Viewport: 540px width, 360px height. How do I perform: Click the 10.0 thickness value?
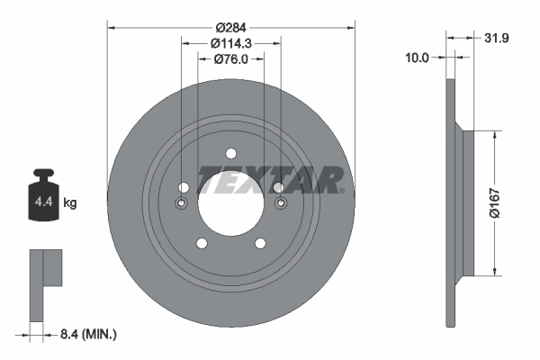click(416, 57)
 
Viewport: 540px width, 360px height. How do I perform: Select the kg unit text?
click(70, 203)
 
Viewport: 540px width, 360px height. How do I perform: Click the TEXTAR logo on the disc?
click(269, 179)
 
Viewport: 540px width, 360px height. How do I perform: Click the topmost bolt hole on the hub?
click(230, 152)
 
